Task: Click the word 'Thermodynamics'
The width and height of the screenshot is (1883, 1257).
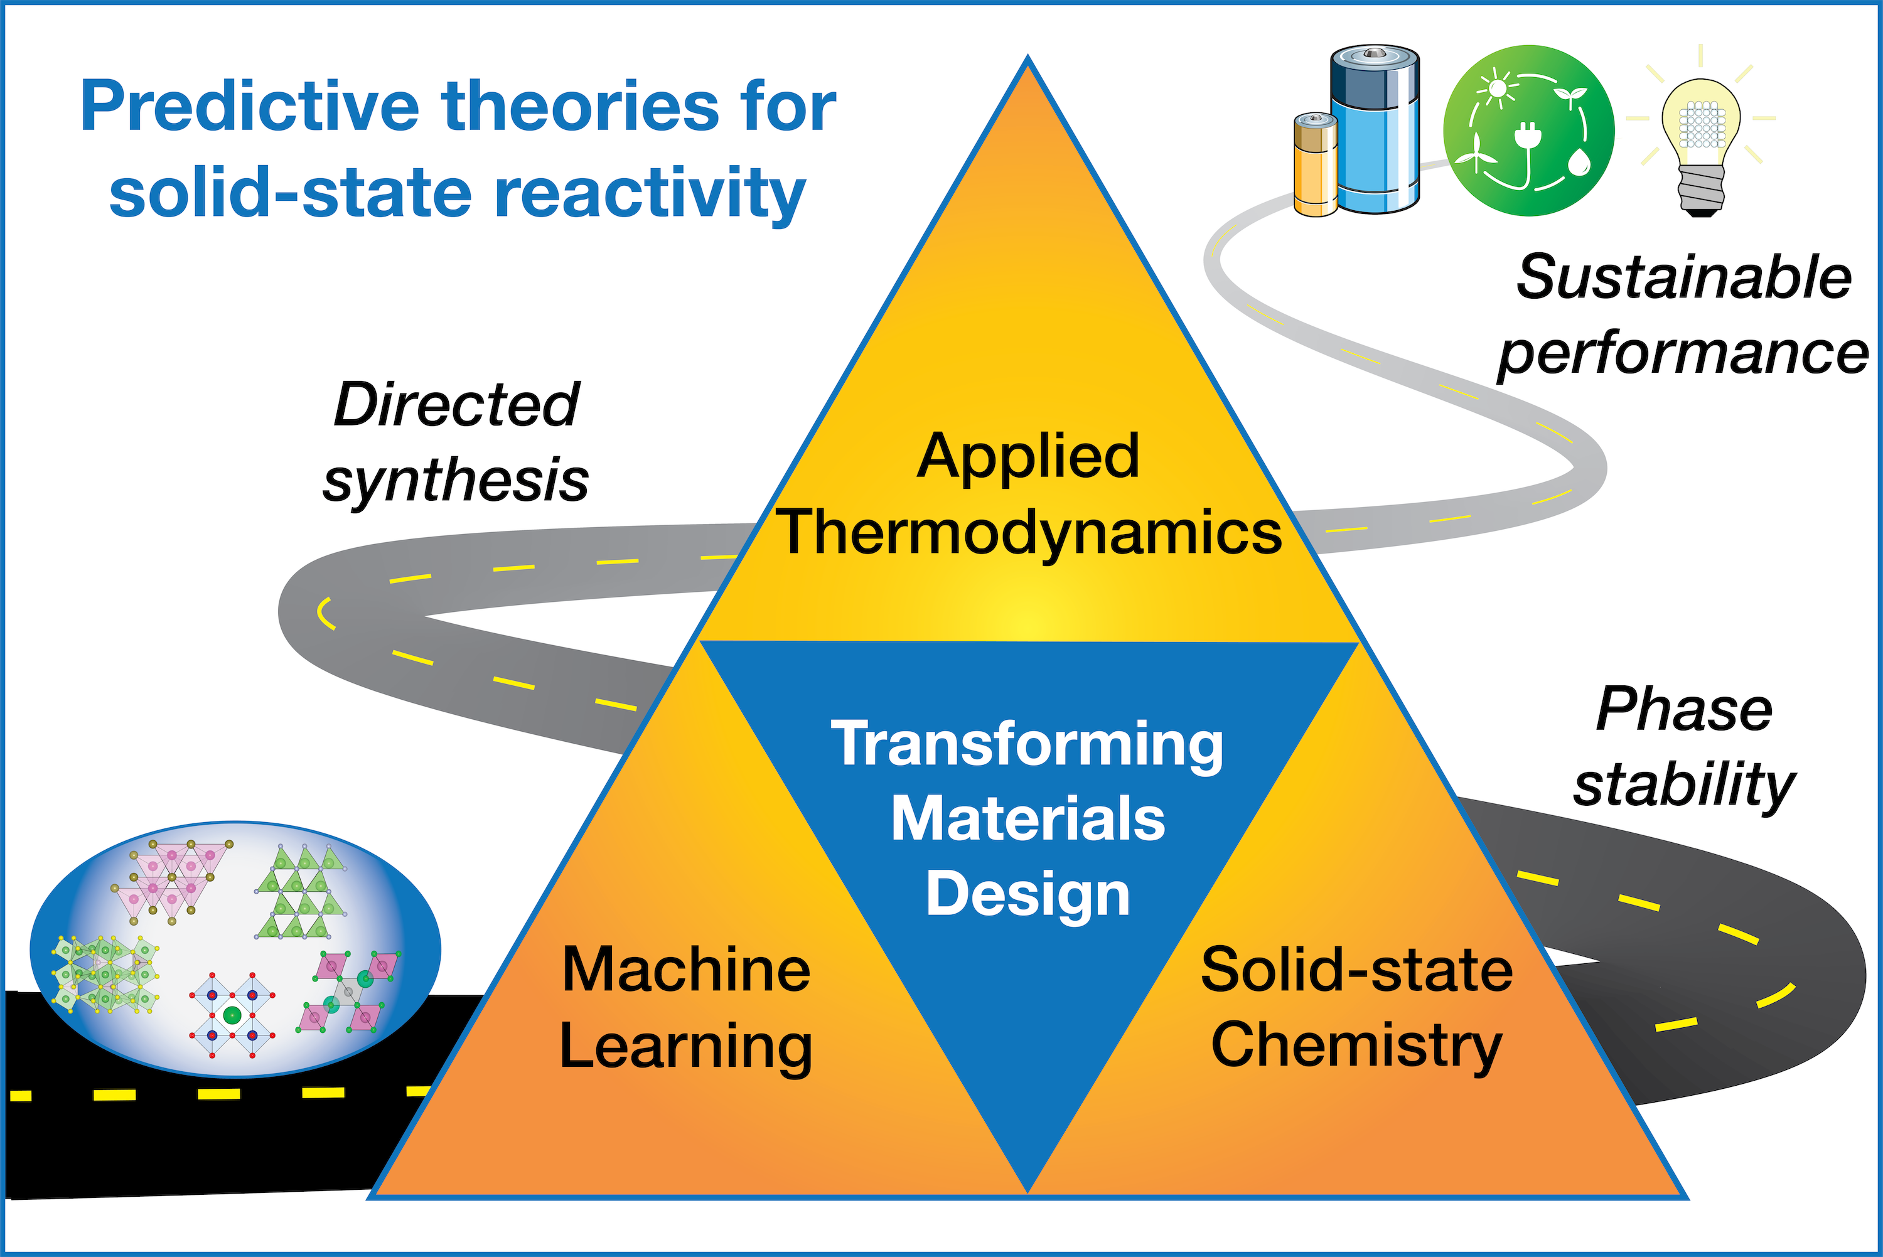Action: tap(1029, 532)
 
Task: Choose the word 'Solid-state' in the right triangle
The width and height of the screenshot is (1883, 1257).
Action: tap(1356, 970)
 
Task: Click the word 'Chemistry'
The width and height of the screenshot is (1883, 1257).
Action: tap(1356, 1046)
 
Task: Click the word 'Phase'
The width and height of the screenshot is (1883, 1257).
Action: tap(1683, 710)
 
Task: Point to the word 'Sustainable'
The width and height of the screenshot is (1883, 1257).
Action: tap(1683, 277)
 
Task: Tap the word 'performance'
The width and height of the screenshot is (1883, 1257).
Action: tap(1683, 353)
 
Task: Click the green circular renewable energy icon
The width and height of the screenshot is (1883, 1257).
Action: tap(1529, 131)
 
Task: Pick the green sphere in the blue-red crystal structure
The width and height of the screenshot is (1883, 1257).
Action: tap(232, 1015)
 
